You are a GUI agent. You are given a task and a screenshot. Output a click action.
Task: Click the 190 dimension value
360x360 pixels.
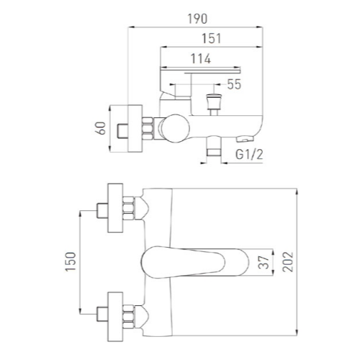(197, 19)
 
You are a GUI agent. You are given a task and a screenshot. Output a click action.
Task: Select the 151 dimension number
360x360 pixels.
(211, 38)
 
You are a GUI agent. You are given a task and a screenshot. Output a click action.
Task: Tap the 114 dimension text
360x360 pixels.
(201, 59)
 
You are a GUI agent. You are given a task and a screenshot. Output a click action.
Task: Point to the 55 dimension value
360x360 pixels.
(234, 84)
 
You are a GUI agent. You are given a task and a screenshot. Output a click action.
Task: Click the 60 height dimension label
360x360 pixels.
(102, 128)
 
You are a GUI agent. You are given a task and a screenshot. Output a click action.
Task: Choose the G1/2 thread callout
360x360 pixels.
(249, 154)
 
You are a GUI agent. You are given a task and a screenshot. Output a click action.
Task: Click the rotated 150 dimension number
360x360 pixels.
(71, 261)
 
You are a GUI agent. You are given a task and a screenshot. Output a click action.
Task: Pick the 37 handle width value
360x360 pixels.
(264, 262)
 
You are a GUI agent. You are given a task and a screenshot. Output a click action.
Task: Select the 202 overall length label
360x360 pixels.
(288, 261)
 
